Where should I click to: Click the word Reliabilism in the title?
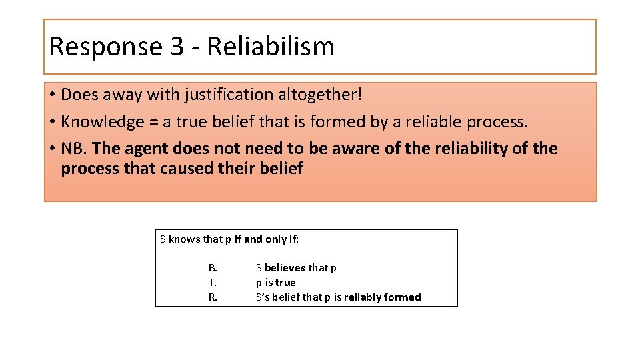point(271,47)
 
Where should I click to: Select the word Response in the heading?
point(106,47)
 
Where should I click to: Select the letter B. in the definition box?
point(213,268)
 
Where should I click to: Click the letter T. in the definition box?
point(213,283)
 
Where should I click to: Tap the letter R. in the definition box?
point(213,297)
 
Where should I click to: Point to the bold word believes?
point(285,268)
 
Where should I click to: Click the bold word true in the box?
point(285,283)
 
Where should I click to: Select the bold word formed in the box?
point(403,297)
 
